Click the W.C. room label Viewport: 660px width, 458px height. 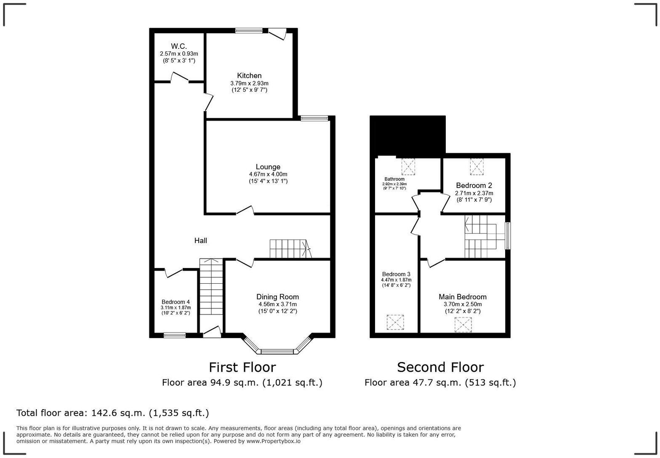click(179, 46)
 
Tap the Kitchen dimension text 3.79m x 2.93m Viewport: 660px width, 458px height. click(249, 83)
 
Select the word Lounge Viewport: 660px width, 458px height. click(268, 167)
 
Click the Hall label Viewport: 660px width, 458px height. click(200, 240)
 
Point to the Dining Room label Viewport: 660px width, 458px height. click(277, 297)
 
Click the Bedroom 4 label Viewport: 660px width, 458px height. click(176, 302)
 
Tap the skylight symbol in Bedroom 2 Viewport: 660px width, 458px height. click(477, 166)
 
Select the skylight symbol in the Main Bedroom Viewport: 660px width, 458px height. click(463, 325)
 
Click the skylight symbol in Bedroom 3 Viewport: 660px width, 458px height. click(395, 322)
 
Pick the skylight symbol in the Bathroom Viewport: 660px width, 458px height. click(408, 167)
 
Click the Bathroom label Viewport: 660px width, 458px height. click(394, 179)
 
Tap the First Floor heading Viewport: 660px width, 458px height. click(242, 367)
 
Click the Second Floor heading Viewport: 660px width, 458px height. click(440, 367)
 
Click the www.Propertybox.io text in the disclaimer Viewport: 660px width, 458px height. click(273, 441)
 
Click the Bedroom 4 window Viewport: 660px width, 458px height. click(175, 336)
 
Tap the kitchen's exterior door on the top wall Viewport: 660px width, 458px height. click(277, 34)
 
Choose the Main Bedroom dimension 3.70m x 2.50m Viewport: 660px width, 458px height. click(463, 304)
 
